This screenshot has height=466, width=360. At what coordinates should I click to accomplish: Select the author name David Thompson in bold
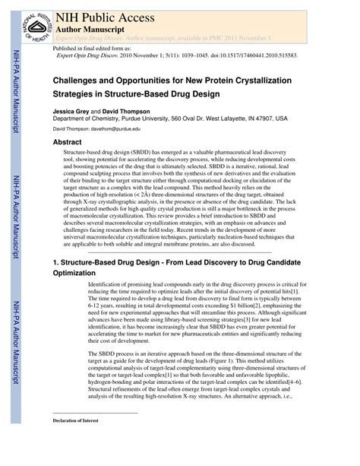pyautogui.click(x=128, y=110)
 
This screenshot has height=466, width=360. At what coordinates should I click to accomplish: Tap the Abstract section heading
pyautogui.click(x=67, y=142)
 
